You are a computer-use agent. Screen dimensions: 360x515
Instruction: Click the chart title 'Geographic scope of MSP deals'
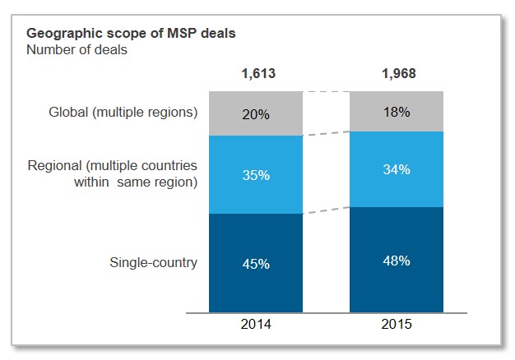[132, 35]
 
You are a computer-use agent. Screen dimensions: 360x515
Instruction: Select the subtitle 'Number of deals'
[77, 49]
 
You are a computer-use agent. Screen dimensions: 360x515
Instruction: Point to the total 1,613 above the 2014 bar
[257, 74]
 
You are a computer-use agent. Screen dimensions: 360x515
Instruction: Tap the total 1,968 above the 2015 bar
[398, 74]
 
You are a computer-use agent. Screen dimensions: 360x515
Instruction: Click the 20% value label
[257, 114]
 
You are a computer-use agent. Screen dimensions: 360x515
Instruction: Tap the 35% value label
[257, 174]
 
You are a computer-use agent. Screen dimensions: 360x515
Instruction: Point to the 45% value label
[257, 264]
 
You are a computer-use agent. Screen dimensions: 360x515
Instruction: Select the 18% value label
[398, 112]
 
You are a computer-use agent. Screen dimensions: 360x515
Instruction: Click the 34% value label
[398, 170]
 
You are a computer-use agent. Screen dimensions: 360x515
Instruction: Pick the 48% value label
[398, 261]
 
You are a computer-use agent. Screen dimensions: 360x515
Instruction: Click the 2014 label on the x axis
[257, 325]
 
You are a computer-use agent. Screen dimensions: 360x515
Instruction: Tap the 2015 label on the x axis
[398, 325]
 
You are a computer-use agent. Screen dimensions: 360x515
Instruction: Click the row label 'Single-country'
[154, 263]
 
